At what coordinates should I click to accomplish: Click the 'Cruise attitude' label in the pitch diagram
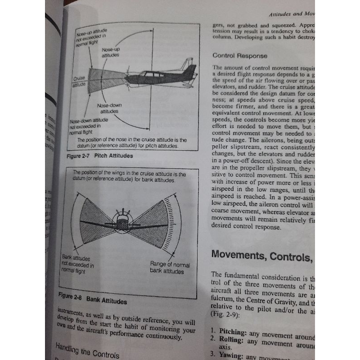(80, 81)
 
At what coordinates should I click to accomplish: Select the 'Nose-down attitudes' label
(108, 108)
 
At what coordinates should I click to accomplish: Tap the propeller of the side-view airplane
(127, 79)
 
